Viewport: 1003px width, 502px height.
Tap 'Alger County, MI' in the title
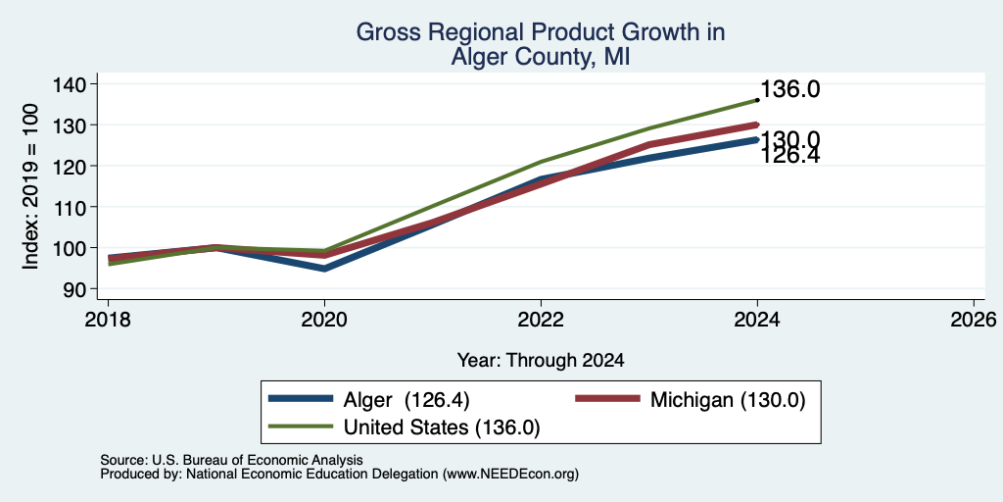[541, 58]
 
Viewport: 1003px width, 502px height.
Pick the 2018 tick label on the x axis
[108, 319]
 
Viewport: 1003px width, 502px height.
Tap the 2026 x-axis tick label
[974, 319]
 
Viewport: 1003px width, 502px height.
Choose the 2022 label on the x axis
[541, 319]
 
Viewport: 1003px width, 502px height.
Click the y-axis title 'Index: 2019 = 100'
[30, 186]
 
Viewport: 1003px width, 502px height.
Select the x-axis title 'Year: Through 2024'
[541, 361]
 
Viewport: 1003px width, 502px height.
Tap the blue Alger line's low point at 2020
[324, 269]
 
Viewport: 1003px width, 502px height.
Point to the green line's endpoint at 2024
[757, 100]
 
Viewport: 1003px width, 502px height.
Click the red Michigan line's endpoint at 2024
[757, 125]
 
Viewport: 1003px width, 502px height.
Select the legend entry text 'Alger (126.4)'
[406, 400]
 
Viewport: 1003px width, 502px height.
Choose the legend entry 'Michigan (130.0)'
[728, 400]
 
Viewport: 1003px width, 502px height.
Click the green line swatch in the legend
[301, 427]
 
